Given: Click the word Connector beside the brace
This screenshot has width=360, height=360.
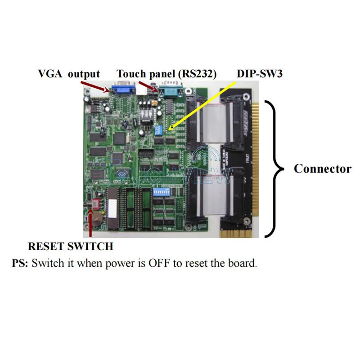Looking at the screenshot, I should pyautogui.click(x=322, y=169).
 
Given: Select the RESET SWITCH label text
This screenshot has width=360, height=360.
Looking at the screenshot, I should pyautogui.click(x=70, y=247).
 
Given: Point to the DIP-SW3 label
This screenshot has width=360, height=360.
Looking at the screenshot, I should pyautogui.click(x=260, y=74).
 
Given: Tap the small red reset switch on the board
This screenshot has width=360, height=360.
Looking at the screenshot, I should pyautogui.click(x=94, y=203).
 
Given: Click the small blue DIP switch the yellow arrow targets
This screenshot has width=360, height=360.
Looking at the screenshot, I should pyautogui.click(x=159, y=130).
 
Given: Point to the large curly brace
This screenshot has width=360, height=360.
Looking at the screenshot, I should pyautogui.click(x=275, y=169).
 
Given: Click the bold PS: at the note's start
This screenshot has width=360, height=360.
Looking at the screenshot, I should pyautogui.click(x=20, y=263).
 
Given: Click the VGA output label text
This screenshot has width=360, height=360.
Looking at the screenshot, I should pyautogui.click(x=68, y=74).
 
